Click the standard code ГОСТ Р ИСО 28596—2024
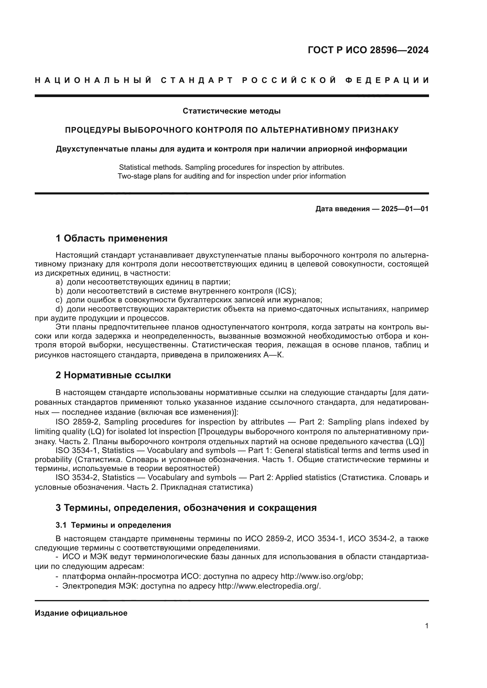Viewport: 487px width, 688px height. [368, 50]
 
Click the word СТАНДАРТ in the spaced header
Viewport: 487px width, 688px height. [197, 80]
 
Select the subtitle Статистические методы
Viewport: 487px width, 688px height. [231, 111]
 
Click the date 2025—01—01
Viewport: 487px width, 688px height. [405, 209]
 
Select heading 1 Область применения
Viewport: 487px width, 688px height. [111, 239]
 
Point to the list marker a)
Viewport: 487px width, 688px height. [59, 282]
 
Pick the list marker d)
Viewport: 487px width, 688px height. [59, 309]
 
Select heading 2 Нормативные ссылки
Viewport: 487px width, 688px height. [113, 375]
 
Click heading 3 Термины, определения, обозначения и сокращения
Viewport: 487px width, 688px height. [186, 508]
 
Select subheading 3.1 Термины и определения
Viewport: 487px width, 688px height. [113, 525]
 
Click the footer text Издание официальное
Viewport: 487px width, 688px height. [81, 613]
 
